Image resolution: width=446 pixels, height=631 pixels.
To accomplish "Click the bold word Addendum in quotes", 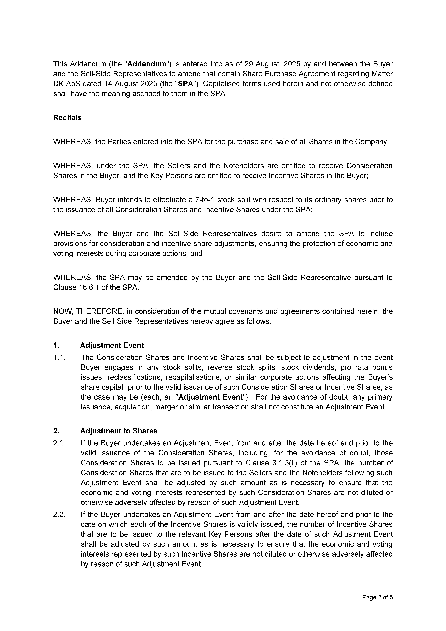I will click(x=147, y=64).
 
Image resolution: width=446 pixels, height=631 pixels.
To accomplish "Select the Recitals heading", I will click(x=67, y=118).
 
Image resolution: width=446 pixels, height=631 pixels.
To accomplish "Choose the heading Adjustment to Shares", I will click(x=119, y=431).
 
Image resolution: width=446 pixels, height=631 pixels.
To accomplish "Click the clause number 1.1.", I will click(x=59, y=358).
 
